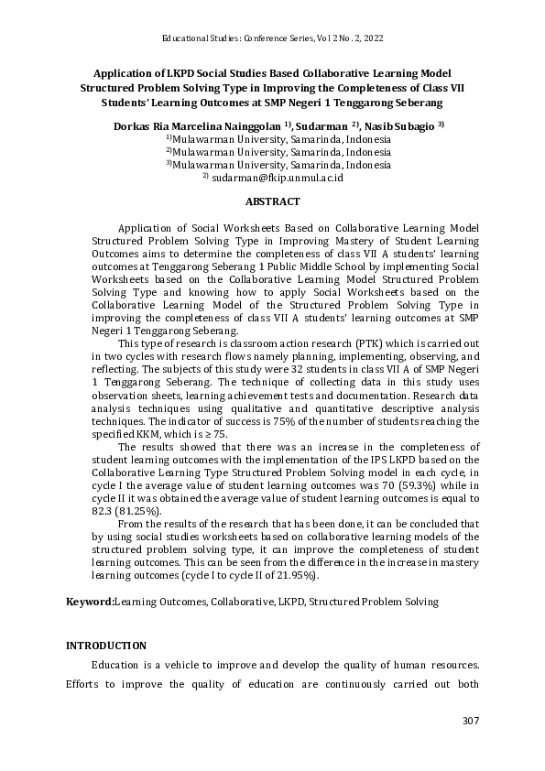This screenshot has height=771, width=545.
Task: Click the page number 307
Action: point(469,722)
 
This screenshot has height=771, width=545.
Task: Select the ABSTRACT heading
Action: point(272,201)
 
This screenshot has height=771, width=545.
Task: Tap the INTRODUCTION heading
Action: point(105,646)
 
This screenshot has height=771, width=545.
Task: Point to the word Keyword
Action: point(88,602)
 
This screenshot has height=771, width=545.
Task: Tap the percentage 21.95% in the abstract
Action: point(295,577)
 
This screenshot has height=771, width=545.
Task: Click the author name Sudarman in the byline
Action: point(322,125)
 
